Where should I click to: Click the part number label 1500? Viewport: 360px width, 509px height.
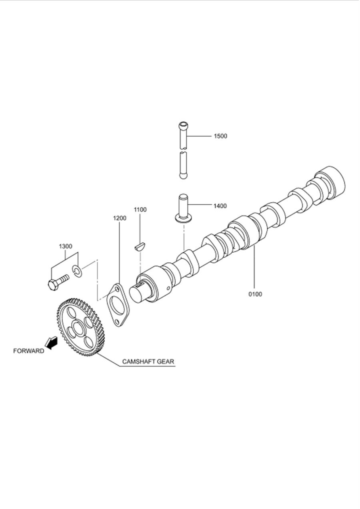[x=220, y=136]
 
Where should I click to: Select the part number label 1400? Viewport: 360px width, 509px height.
[x=220, y=206]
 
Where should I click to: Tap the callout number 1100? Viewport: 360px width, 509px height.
[x=140, y=210]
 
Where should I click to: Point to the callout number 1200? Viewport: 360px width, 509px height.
[x=120, y=218]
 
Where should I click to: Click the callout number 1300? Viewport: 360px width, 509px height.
[x=66, y=246]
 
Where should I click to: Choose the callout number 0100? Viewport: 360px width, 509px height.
[x=255, y=294]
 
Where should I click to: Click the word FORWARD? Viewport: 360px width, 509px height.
[x=29, y=351]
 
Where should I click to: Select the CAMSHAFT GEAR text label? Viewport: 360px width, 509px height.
[x=148, y=361]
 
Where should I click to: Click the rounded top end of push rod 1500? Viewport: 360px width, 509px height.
[x=183, y=125]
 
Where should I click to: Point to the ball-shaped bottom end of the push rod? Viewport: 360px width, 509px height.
[x=184, y=176]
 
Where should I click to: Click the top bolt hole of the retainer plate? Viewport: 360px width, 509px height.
[x=117, y=289]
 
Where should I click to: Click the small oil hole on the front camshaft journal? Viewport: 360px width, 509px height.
[x=168, y=288]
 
